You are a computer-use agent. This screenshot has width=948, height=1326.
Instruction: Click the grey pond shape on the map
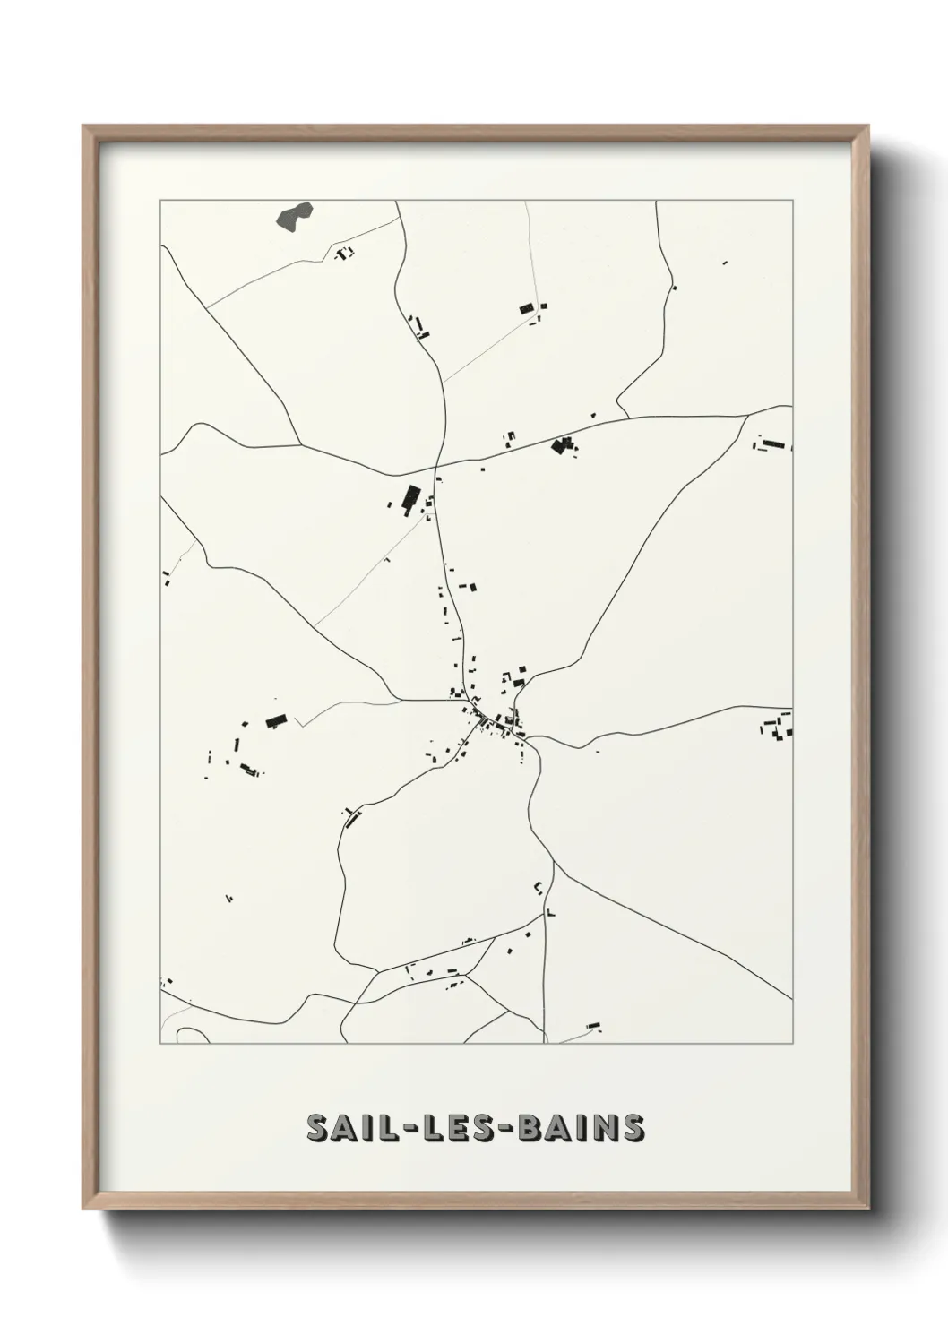[295, 215]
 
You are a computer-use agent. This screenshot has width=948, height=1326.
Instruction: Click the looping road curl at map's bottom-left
[190, 1035]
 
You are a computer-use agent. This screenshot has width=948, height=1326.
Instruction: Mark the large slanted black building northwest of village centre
[411, 498]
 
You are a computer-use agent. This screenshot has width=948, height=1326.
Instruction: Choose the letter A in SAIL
[343, 1128]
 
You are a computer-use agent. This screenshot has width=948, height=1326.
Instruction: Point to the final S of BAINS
[632, 1128]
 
